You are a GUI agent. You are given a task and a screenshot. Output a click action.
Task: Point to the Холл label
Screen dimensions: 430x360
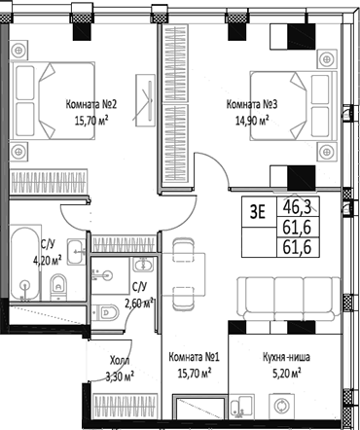point(118,358)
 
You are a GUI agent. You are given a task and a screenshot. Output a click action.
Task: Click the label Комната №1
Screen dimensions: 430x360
point(192,357)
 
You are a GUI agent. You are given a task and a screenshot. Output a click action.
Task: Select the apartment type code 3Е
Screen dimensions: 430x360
point(256,207)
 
